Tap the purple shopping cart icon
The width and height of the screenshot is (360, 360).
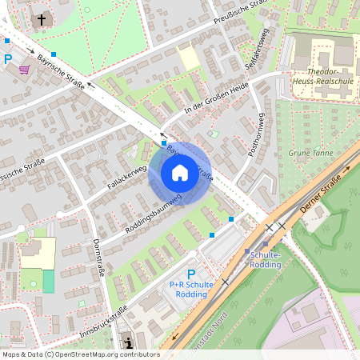[x=25, y=70]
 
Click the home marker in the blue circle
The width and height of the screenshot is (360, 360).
[x=180, y=173]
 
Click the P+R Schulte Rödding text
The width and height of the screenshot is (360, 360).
[x=190, y=289]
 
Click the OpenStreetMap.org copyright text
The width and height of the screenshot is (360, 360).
[x=80, y=354]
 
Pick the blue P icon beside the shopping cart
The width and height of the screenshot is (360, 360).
[x=8, y=58]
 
